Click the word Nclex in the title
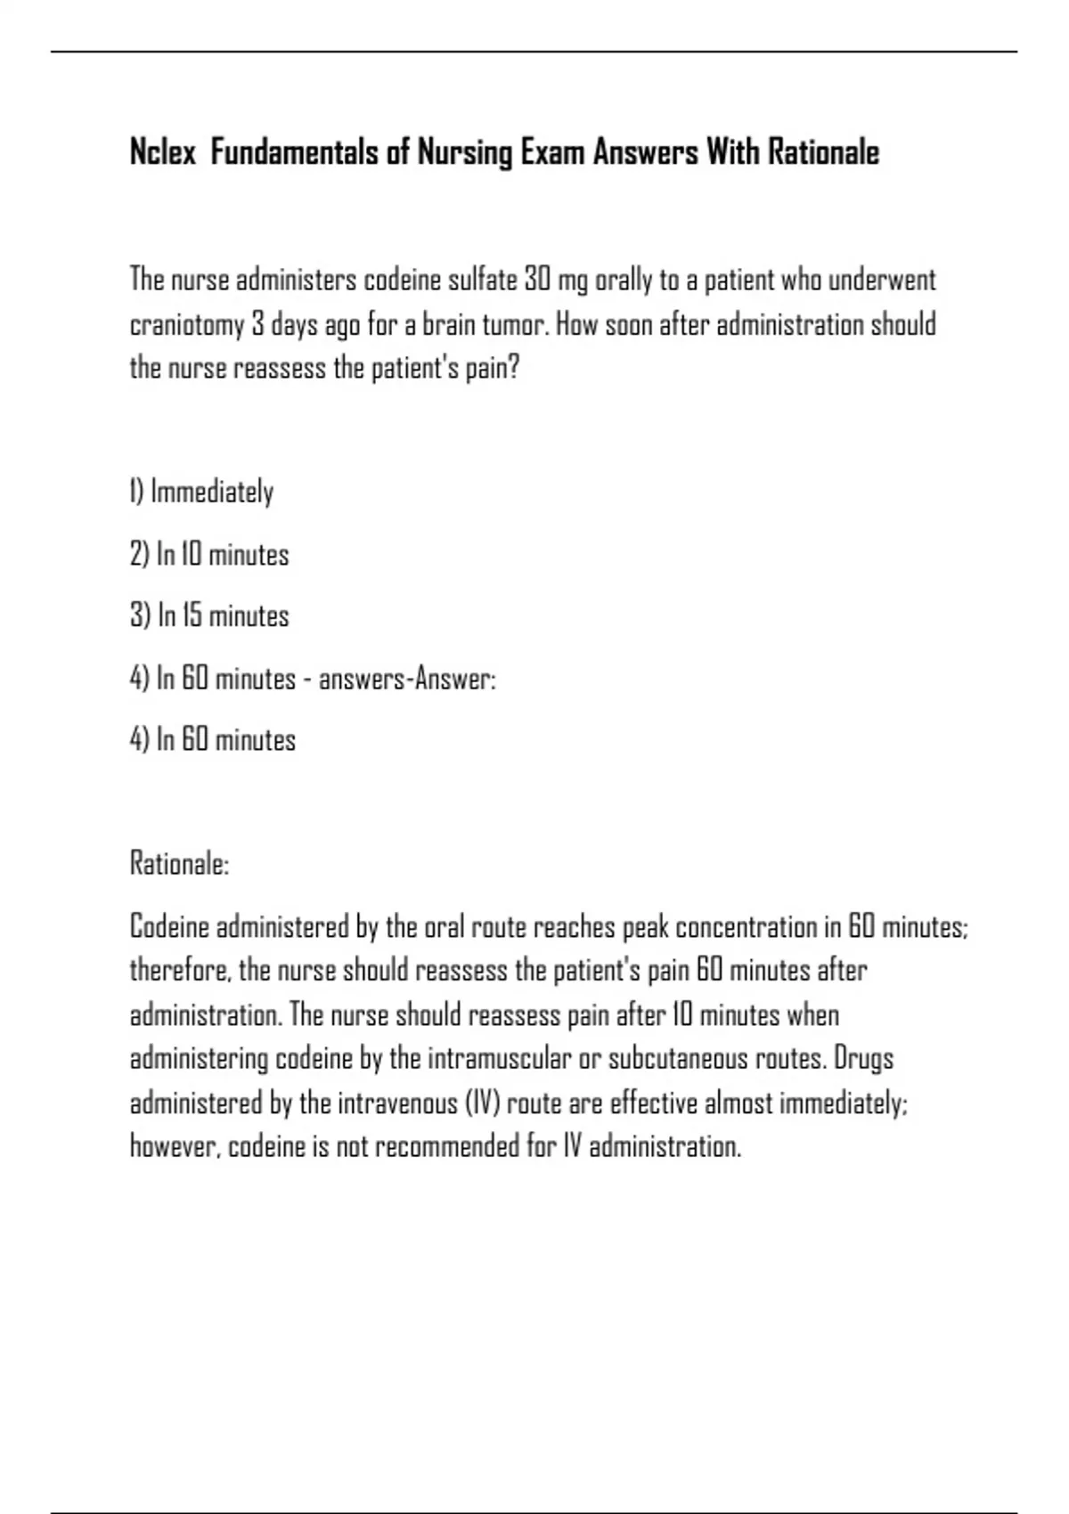click(x=163, y=152)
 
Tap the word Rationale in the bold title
click(x=823, y=152)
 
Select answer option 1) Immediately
click(x=202, y=492)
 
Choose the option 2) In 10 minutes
click(x=209, y=555)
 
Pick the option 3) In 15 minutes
click(x=209, y=616)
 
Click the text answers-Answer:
click(x=407, y=680)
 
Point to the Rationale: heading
click(x=180, y=863)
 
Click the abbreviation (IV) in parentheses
click(x=482, y=1103)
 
